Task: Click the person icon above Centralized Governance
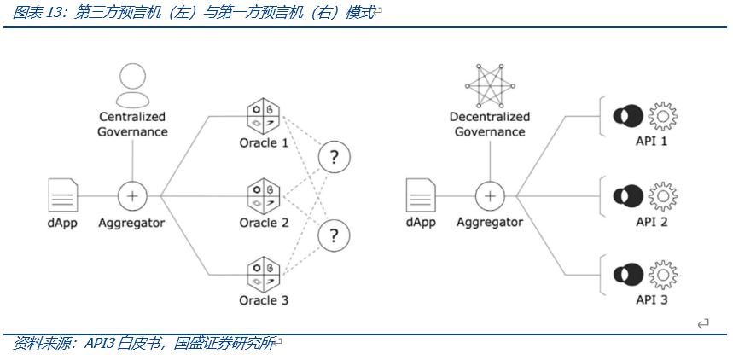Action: click(x=132, y=84)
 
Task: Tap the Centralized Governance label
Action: click(x=132, y=124)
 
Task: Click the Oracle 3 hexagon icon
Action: click(x=264, y=273)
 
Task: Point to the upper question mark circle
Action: click(x=335, y=157)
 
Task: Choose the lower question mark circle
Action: click(x=335, y=235)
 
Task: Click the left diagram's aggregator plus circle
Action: click(x=132, y=195)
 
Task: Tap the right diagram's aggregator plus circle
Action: click(x=489, y=195)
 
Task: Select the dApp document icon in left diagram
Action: click(x=62, y=195)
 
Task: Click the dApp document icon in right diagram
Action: click(x=420, y=195)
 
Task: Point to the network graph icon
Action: click(x=489, y=85)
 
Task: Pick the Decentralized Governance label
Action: click(x=489, y=124)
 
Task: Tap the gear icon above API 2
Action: click(x=663, y=195)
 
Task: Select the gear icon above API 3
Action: click(x=663, y=274)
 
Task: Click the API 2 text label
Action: click(x=652, y=222)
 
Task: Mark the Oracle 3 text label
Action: click(x=264, y=300)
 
